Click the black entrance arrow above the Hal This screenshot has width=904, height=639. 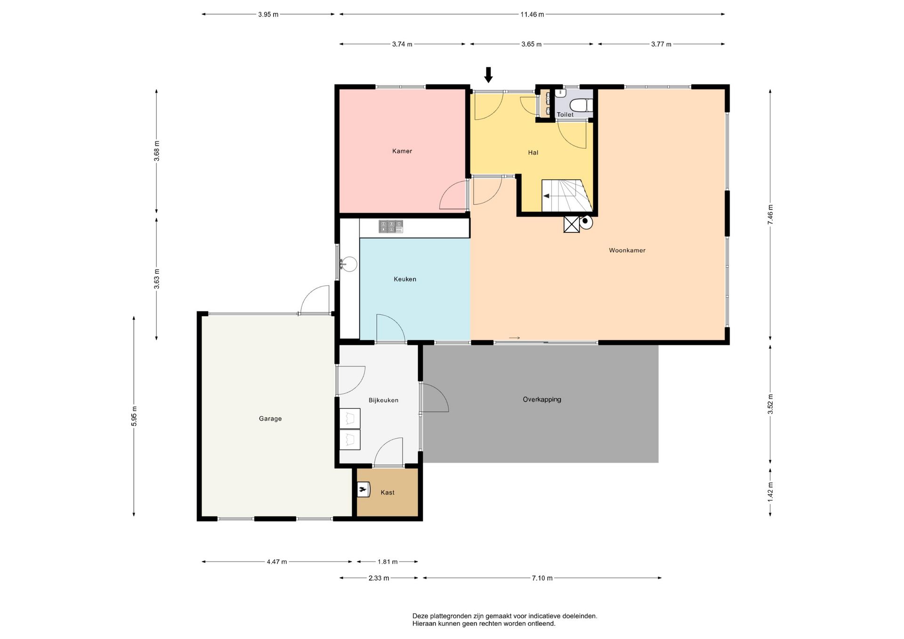coord(488,75)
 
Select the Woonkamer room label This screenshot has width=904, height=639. coord(627,250)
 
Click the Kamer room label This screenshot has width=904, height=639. coord(402,151)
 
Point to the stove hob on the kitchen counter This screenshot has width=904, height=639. coord(391,227)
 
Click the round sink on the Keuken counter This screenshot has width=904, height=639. coord(349,264)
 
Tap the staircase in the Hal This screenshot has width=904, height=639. coord(567,196)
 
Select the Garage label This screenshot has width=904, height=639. coord(270,419)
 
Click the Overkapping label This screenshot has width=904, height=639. coord(542,399)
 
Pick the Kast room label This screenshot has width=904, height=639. coord(387,493)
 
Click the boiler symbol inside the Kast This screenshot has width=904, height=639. coord(363,491)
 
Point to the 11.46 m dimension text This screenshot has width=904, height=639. coord(532,15)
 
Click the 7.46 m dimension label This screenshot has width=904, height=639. coord(770,215)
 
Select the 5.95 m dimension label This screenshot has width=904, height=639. coord(134,416)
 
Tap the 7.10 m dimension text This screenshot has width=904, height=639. coord(542,578)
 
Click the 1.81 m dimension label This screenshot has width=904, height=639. coord(387,562)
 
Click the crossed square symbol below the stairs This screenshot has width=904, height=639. coord(572,224)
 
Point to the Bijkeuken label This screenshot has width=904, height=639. coord(383,400)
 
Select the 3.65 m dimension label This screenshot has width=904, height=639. coord(532,45)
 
